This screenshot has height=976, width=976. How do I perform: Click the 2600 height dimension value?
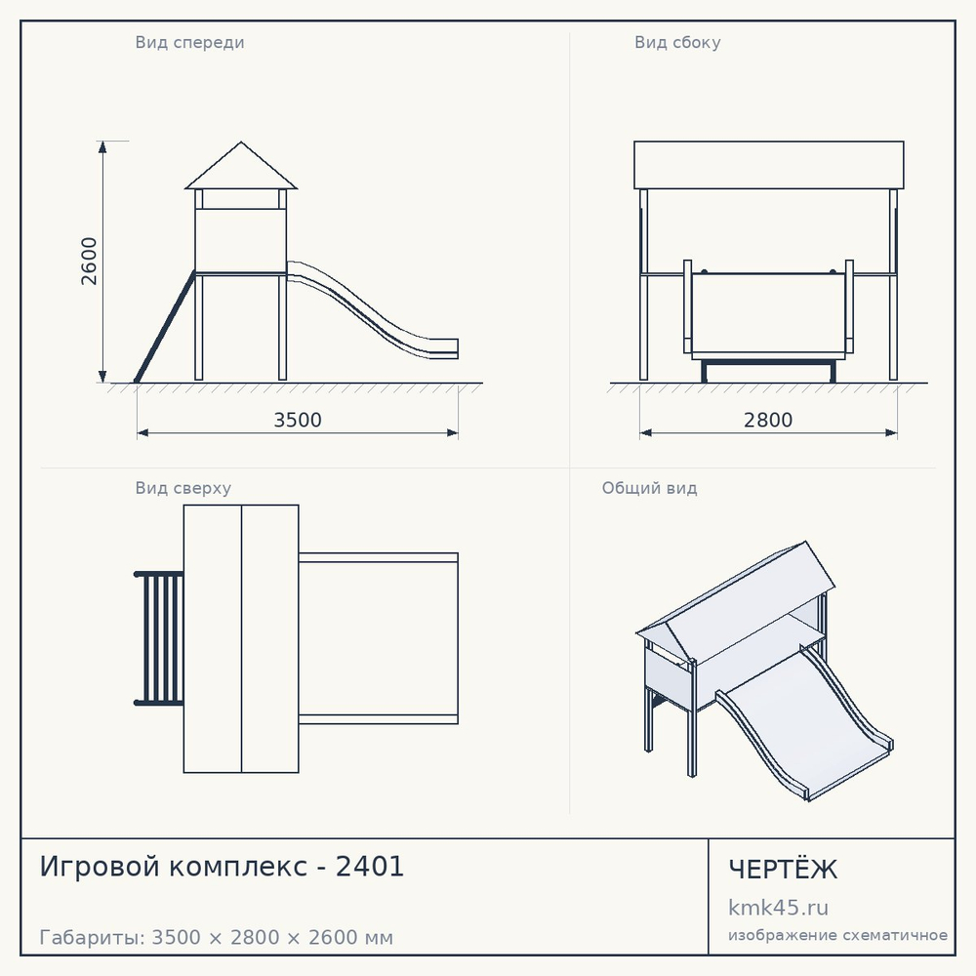(90, 261)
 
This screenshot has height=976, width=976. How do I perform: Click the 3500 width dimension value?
(298, 420)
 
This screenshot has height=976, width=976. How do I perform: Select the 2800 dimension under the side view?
(768, 420)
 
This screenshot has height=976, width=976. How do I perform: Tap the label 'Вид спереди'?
(190, 43)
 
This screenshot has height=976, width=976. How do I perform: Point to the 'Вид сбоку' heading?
(677, 43)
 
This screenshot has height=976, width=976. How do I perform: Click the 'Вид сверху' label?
(183, 488)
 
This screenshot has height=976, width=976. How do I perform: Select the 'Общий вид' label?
(649, 488)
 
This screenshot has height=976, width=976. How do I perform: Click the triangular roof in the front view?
(241, 166)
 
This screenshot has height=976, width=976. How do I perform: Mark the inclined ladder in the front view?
(165, 327)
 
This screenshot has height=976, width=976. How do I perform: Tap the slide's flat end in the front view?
(444, 348)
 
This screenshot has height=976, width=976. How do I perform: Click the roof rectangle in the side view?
(769, 165)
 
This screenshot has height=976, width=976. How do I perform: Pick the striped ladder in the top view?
(159, 638)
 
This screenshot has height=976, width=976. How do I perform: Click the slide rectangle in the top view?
(379, 638)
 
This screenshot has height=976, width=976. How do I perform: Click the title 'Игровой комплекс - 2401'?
(222, 867)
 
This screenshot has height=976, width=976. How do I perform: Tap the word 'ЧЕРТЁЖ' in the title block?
(783, 869)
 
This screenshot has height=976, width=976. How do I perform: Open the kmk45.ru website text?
(778, 908)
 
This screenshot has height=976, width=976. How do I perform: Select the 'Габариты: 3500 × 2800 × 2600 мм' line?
(216, 937)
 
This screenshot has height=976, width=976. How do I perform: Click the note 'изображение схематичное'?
(837, 936)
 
